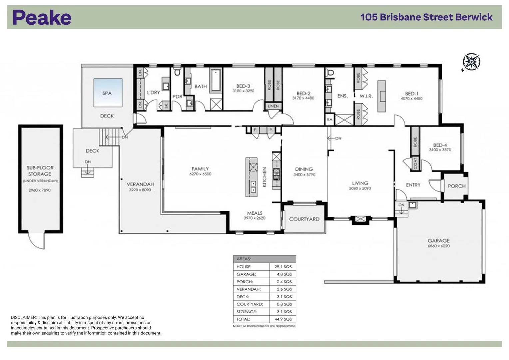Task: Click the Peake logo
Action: tap(42, 17)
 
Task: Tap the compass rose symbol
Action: tap(471, 62)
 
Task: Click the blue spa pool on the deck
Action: tap(108, 93)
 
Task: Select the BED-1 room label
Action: tap(412, 94)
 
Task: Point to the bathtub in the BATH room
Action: tap(216, 80)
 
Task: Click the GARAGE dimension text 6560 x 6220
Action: tap(438, 246)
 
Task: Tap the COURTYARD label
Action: tap(304, 219)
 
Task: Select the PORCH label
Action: tap(456, 186)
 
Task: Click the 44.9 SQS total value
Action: tap(283, 319)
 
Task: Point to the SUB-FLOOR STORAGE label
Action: tap(40, 171)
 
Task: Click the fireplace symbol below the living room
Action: tap(360, 219)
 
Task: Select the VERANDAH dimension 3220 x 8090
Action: tap(140, 190)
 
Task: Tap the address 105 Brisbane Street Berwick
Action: tap(426, 17)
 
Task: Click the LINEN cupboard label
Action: tap(273, 106)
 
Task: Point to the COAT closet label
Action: tap(415, 163)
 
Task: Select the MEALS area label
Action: tap(254, 213)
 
